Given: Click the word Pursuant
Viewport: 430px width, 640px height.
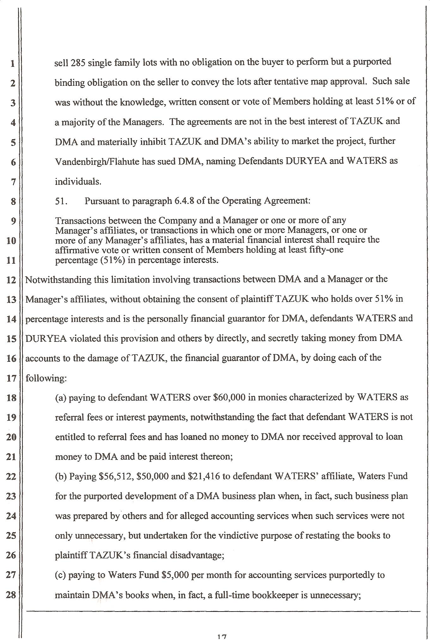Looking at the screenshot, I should coord(101,201).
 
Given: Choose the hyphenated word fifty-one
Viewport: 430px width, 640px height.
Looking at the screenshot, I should coord(327,250).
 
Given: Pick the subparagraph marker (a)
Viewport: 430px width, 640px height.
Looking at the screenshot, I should coord(61,398).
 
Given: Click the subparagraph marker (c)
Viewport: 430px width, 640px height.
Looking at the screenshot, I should coord(60,575).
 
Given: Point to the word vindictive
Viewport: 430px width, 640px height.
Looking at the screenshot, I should coord(240,536).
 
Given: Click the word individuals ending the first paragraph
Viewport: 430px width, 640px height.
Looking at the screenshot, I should coord(78,182).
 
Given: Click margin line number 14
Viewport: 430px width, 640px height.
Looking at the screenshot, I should coord(11,319).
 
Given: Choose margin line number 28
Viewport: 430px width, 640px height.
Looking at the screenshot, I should coord(11,595).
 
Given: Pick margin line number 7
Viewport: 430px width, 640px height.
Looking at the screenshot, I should coord(13,182).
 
